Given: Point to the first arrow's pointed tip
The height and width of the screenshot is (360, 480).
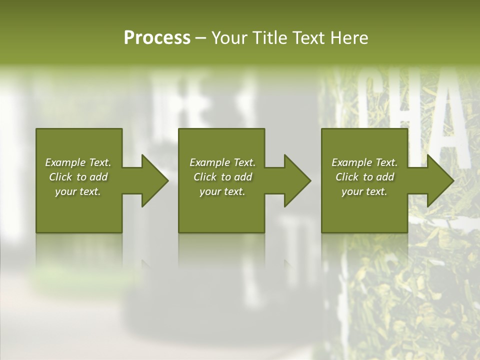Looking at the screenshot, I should click(x=167, y=180).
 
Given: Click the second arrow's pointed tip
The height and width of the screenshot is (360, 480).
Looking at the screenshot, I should click(x=310, y=180).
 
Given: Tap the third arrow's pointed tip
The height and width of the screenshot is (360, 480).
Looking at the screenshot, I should click(x=453, y=180).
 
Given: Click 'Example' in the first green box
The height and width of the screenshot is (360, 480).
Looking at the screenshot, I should click(x=65, y=162).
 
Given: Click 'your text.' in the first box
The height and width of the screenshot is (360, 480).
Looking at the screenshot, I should click(x=78, y=191).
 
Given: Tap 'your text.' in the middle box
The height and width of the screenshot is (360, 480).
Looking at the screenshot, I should click(x=222, y=191).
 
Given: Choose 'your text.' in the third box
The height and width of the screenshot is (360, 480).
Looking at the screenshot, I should click(x=364, y=191).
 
